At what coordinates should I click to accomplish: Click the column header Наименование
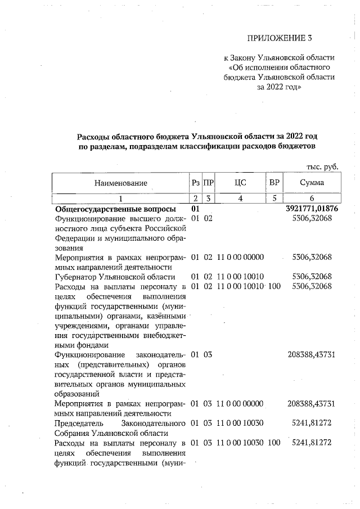pyautogui.click(x=121, y=183)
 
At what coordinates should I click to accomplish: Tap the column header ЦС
pyautogui.click(x=240, y=183)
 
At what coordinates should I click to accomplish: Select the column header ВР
pyautogui.click(x=274, y=183)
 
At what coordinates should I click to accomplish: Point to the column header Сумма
pyautogui.click(x=311, y=183)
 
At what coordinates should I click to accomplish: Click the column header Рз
pyautogui.click(x=195, y=183)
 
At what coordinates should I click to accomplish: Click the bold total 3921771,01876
pyautogui.click(x=312, y=209)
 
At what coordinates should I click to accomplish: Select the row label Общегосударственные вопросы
pyautogui.click(x=106, y=209)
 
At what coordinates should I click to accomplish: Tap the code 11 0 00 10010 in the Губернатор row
pyautogui.click(x=240, y=276)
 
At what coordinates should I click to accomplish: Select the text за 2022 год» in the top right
pyautogui.click(x=279, y=88)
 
